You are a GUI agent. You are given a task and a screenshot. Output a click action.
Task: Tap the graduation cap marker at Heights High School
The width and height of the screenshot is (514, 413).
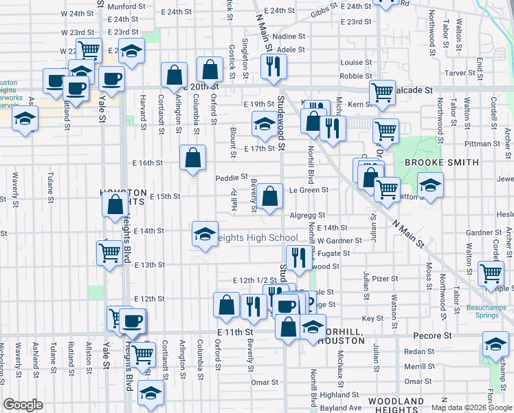(205, 234)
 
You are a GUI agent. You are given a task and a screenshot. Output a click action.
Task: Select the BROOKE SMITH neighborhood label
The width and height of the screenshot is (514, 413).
(441, 162)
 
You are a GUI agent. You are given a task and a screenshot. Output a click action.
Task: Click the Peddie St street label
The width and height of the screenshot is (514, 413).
(230, 177)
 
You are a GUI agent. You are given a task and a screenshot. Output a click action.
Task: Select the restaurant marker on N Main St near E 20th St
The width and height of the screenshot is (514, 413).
(274, 66)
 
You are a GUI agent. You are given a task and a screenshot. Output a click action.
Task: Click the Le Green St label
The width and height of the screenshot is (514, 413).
(309, 190)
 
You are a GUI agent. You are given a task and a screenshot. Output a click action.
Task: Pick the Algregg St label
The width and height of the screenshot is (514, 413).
(306, 215)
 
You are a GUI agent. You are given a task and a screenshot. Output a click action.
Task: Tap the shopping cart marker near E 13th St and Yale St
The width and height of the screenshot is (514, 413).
(110, 253)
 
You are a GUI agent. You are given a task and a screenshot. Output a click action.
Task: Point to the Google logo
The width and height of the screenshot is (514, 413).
(23, 405)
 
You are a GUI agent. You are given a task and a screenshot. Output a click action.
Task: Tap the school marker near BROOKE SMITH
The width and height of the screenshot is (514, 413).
(430, 186)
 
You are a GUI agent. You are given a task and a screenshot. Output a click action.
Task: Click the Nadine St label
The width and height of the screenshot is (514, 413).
(289, 36)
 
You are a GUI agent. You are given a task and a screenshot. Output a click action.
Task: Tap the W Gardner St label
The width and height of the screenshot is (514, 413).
(339, 240)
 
